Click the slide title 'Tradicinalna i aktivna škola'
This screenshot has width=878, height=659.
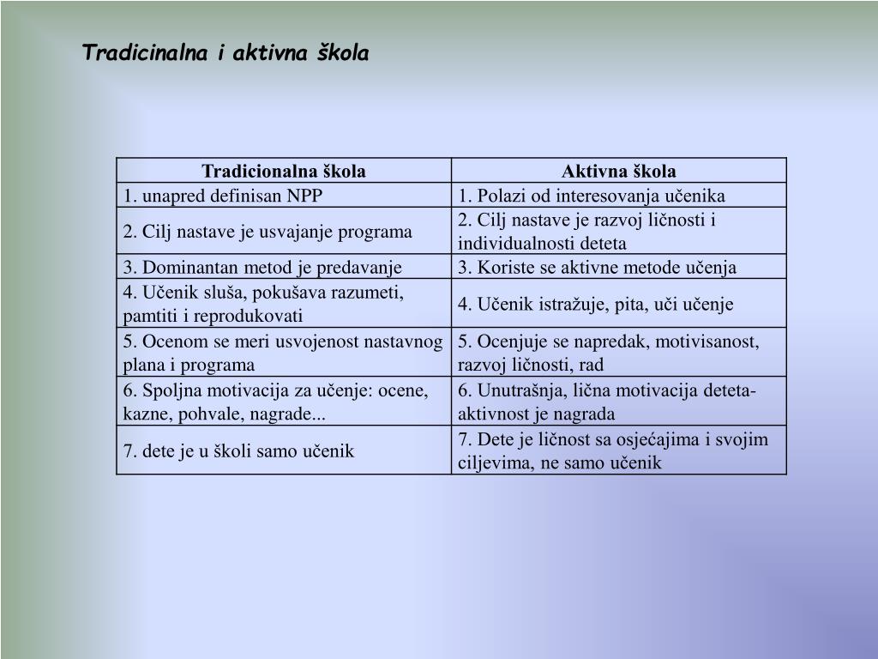tap(226, 53)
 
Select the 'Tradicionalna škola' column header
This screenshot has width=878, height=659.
tap(284, 171)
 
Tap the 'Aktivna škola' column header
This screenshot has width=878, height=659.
tap(619, 171)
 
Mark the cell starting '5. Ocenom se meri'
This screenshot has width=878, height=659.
tap(283, 353)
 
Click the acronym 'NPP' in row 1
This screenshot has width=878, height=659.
tap(305, 196)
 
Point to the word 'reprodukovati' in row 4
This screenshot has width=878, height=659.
tap(254, 316)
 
